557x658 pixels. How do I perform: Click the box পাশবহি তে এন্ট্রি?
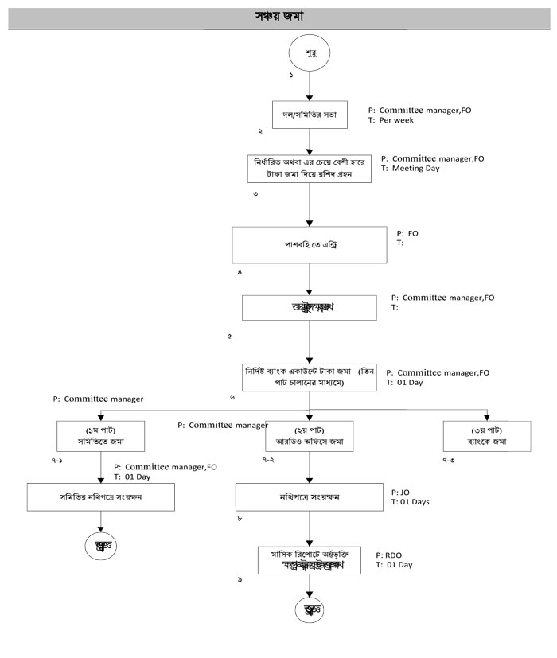pos(310,245)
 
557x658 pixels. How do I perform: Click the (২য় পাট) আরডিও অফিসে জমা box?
pos(309,436)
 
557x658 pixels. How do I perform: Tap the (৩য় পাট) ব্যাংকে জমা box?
pos(486,436)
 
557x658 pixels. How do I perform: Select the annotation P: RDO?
pos(393,554)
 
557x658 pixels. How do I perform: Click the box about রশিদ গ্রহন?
pos(310,168)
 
